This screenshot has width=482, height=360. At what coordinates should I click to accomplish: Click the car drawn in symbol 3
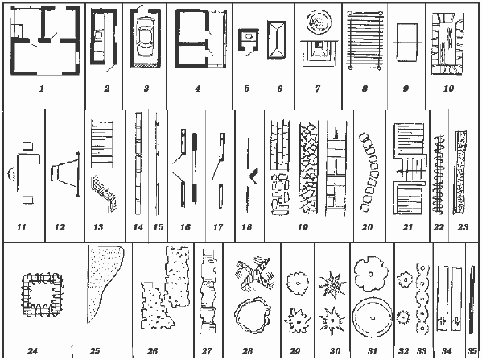[145, 37]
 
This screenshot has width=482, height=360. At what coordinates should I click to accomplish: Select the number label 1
[42, 89]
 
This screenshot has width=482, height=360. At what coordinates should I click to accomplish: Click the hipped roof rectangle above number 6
[277, 39]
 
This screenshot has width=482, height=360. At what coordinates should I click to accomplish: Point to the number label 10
[448, 89]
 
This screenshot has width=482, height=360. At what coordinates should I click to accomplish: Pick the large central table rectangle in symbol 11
[29, 173]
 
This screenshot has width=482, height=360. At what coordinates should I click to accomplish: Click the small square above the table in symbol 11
[27, 146]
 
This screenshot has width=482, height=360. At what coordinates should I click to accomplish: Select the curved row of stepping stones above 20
[369, 172]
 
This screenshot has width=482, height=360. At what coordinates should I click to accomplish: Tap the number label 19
[303, 227]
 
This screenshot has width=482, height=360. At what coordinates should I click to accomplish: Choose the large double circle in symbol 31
[372, 318]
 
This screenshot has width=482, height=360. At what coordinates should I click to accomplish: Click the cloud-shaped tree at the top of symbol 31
[371, 274]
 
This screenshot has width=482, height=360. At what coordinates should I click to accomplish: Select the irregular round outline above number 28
[253, 316]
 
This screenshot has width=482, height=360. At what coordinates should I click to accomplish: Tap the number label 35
[472, 351]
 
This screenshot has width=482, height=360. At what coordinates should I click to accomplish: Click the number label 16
[185, 227]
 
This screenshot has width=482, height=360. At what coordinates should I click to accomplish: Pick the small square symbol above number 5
[249, 39]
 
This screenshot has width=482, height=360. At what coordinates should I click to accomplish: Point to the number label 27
[207, 351]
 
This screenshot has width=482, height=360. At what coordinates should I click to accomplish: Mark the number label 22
[439, 227]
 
